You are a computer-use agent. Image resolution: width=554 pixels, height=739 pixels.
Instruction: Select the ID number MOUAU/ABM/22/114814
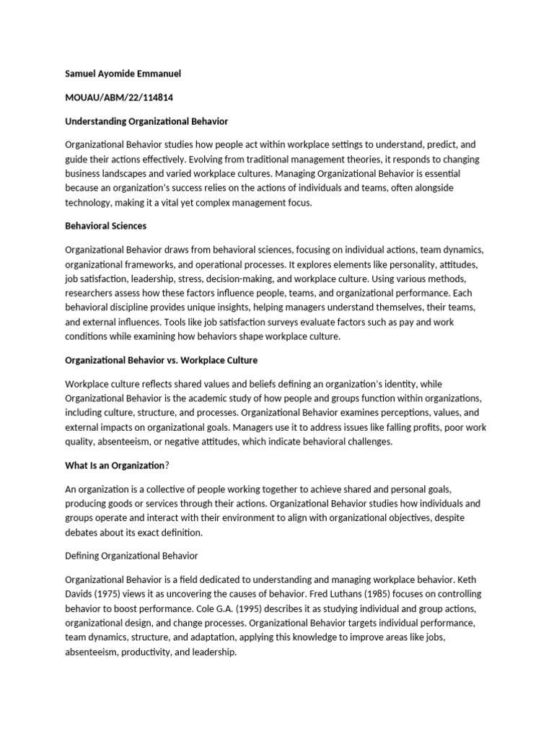(120, 97)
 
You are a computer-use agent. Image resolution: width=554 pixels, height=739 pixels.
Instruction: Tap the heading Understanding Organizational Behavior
(146, 121)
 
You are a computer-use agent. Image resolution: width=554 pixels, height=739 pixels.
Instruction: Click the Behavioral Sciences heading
(105, 226)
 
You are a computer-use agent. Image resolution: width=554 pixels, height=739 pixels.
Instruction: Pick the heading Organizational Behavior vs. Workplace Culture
(161, 359)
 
